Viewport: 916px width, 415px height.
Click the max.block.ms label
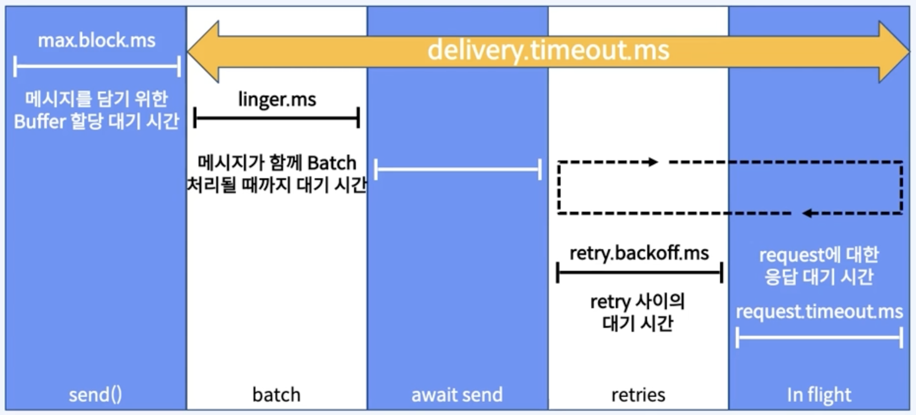coord(97,41)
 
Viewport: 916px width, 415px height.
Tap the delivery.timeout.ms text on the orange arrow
coord(548,50)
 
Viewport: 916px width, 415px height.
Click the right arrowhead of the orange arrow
coord(893,51)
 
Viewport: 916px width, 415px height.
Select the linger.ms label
coord(277,99)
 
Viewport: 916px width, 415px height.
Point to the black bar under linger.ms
coord(277,118)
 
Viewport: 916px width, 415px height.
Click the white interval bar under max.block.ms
coord(97,66)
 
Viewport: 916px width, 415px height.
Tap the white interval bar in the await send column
coord(458,169)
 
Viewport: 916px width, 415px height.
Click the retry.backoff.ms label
coord(639,253)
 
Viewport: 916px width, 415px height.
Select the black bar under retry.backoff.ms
coord(639,272)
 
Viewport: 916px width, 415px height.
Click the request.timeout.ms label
coord(819,311)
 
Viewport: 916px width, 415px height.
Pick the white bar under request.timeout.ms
coord(819,337)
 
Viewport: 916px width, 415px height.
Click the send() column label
coord(95,394)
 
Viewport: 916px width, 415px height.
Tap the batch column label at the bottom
coord(276,394)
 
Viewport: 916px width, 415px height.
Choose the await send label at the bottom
coord(457,394)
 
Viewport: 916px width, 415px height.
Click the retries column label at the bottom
coord(638,394)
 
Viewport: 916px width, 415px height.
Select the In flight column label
coord(819,394)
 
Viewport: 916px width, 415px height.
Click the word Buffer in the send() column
coord(39,121)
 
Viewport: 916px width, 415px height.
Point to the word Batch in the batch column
coord(332,163)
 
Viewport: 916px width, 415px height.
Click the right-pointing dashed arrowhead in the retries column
coord(653,162)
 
